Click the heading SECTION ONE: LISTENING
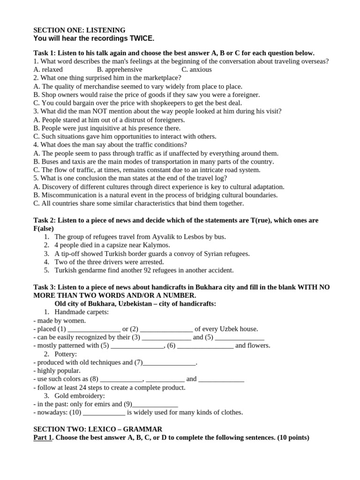pos(79,30)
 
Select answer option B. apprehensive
pos(120,69)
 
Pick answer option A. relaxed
pos(48,69)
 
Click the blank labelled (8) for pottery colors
pos(121,379)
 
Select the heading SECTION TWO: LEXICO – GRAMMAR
pos(97,429)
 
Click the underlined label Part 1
pos(43,438)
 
